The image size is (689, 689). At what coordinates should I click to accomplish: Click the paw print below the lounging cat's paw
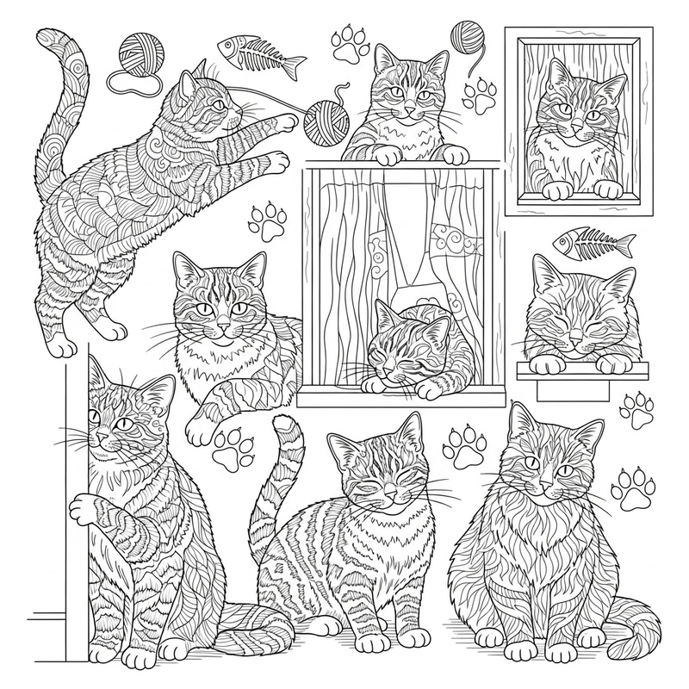click(x=231, y=446)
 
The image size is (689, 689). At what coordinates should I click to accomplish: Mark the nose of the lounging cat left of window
click(x=222, y=327)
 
